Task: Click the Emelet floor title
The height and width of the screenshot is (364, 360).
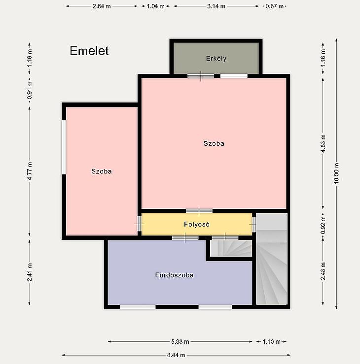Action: [89, 51]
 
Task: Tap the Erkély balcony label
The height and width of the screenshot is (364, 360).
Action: [216, 59]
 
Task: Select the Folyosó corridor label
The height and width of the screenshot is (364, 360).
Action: [197, 224]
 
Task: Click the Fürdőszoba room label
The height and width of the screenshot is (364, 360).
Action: [174, 275]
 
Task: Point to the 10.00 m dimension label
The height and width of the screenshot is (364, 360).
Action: [336, 173]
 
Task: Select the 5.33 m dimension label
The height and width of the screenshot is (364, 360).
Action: [180, 341]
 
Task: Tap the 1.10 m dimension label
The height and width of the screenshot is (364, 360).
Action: [271, 341]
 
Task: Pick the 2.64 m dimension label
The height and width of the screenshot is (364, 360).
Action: [102, 6]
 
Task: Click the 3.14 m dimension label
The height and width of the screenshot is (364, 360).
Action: [216, 6]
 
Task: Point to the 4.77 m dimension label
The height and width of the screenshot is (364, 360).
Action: [30, 171]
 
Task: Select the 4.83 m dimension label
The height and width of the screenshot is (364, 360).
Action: [323, 144]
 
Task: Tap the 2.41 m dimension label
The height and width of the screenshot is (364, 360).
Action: [30, 272]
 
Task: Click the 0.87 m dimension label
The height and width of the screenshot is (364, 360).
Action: [275, 6]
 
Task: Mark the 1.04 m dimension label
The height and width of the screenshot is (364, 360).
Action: [155, 6]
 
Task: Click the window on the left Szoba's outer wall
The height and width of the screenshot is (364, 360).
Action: [64, 147]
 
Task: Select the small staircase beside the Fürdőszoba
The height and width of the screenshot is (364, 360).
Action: [231, 248]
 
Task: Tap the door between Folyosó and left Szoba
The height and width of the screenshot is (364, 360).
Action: [139, 224]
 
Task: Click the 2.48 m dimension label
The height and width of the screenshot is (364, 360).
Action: [323, 271]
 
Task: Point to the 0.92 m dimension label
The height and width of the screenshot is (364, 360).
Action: [323, 225]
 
